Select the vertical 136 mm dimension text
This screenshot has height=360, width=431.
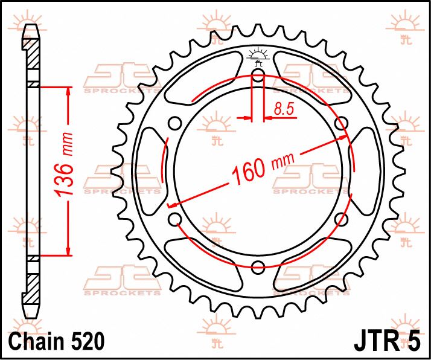coord(69,170)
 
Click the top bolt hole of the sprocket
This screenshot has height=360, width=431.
coord(258,76)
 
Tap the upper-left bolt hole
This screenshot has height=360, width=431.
coord(175,124)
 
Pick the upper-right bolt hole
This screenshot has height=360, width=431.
coord(342,124)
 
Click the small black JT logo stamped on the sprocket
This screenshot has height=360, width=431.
coord(258,55)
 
